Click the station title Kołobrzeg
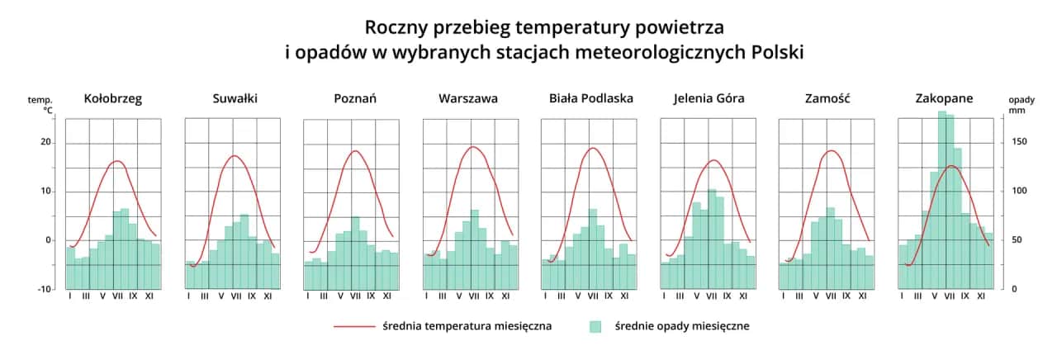[113, 98]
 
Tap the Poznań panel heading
[355, 98]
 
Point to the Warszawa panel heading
[468, 98]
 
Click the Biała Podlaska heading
[591, 98]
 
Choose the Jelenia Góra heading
[709, 98]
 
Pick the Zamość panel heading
[827, 98]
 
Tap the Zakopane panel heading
[944, 98]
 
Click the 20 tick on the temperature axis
[46, 143]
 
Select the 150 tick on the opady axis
[1020, 142]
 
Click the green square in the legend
[595, 326]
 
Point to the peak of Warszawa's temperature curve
[473, 147]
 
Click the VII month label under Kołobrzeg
[117, 296]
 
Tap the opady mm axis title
[1021, 104]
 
